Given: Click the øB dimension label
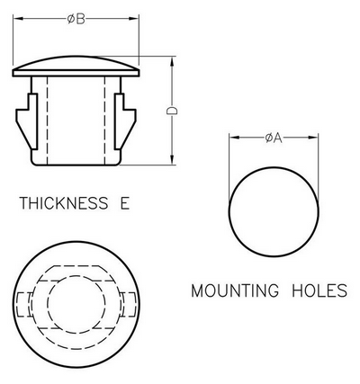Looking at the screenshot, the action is pos(76,19).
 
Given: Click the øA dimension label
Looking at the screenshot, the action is pos(274,138).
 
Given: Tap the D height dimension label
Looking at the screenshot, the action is pos(172,111).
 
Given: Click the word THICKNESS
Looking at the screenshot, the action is pos(64,203).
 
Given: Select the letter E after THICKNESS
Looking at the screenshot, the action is pos(125,203).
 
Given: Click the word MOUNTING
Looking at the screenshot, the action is pos(235,290).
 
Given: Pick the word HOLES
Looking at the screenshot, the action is pos(319,290).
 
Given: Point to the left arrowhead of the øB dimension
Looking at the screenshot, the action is pos(18,19).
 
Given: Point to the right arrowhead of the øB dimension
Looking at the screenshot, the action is pos(134,19).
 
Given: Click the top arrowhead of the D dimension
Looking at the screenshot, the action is pos(172,62).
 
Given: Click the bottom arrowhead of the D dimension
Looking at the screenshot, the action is pos(172,159).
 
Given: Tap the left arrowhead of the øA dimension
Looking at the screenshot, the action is pos(234,138).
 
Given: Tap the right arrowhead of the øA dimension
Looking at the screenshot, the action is pos(313,138).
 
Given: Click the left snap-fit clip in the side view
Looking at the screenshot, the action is pos(28,121).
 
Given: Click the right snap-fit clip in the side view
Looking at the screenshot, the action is pos(124,121).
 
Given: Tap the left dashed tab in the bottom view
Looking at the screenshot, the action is pos(24,305).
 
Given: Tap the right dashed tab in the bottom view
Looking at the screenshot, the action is pos(130,305).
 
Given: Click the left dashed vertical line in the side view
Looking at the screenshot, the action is pos(47,121).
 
